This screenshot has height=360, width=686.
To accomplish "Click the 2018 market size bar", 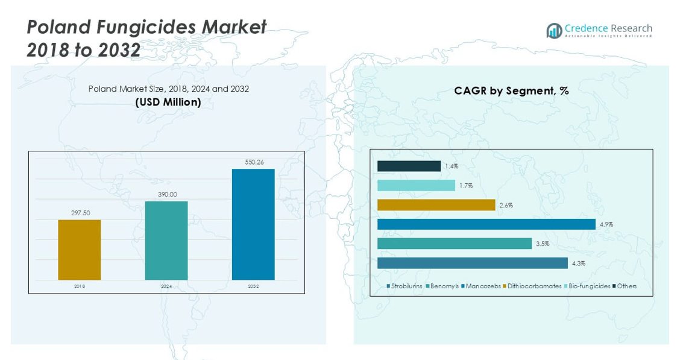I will coord(80,250).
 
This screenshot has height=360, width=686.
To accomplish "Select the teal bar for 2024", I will coord(166,241).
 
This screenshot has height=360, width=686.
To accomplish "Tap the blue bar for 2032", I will coord(253,224).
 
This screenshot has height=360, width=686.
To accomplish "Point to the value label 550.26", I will coord(253,162).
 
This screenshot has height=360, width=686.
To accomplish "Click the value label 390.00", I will coord(166,195).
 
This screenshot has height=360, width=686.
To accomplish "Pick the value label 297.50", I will coord(80,213).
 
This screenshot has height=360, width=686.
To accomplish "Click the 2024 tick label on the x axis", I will coord(166,286).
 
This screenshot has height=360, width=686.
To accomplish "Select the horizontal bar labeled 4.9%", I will coord(486,224).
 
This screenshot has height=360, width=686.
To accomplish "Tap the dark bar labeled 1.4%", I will coord(409,166).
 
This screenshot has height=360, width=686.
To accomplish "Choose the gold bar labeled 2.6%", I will coord(436,205).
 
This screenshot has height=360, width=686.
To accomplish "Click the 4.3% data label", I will coord(579,264).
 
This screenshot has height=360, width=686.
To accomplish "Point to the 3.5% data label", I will coord(543,244).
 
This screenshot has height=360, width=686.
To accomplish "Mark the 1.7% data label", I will coord(466,186).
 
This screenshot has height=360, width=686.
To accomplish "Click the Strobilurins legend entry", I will coord(404,286).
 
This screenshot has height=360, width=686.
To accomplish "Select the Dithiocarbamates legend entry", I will coord(532,286).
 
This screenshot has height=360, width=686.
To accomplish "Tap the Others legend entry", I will coord(625,286).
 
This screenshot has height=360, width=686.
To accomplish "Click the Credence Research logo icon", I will coord(554,31).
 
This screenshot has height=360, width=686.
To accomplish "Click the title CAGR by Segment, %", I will coord(511,91).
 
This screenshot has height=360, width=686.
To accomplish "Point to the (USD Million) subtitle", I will coord(168,103).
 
